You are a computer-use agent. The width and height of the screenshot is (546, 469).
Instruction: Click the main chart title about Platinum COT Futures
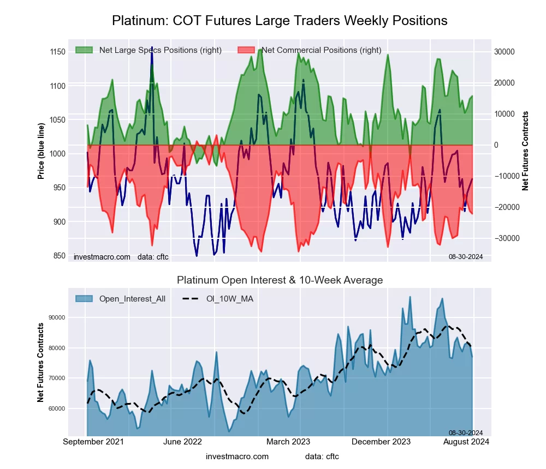(x=280, y=21)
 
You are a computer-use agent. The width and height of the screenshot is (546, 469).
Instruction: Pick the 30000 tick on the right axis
(x=505, y=52)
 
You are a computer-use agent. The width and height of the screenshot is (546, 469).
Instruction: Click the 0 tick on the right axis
(x=496, y=145)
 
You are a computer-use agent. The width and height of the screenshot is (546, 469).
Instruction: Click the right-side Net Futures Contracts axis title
(x=525, y=151)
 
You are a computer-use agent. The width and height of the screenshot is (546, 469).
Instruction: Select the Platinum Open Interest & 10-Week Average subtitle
(x=280, y=280)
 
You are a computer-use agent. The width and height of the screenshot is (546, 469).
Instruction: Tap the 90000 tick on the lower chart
(x=57, y=317)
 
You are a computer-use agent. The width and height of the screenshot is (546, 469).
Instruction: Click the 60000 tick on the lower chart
(x=57, y=408)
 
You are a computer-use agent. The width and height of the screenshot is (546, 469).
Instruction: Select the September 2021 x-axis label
(x=93, y=442)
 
